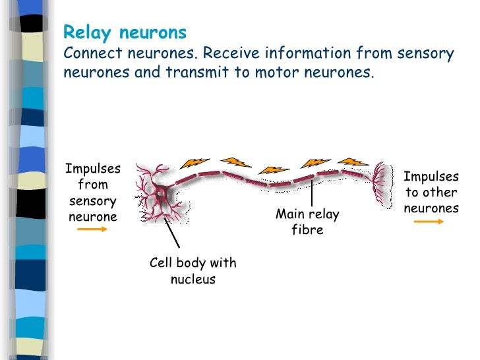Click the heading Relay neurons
125,32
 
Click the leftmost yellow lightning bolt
195,162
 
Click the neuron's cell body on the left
160,195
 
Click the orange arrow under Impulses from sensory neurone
92,229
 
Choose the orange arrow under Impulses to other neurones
429,222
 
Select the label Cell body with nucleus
193,271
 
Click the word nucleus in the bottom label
193,280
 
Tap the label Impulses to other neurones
431,193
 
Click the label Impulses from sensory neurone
92,193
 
